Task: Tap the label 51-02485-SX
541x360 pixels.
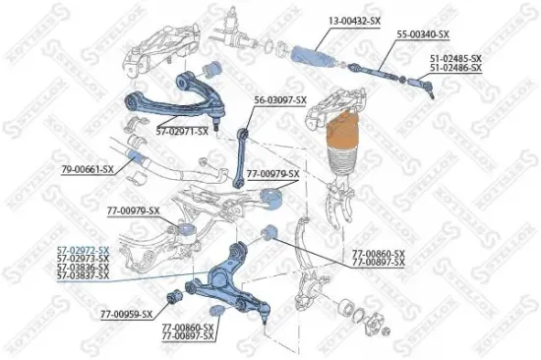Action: (454, 58)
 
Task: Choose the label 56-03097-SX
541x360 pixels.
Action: (280, 100)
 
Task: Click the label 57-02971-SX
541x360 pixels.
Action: (187, 130)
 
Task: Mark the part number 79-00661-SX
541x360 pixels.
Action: (88, 170)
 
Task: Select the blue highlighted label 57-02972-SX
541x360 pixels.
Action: (83, 251)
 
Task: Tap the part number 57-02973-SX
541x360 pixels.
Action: (83, 260)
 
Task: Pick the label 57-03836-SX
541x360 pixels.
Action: (83, 269)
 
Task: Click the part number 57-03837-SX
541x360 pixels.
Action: (83, 277)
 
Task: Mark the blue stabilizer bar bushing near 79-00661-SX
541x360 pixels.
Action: (137, 158)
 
